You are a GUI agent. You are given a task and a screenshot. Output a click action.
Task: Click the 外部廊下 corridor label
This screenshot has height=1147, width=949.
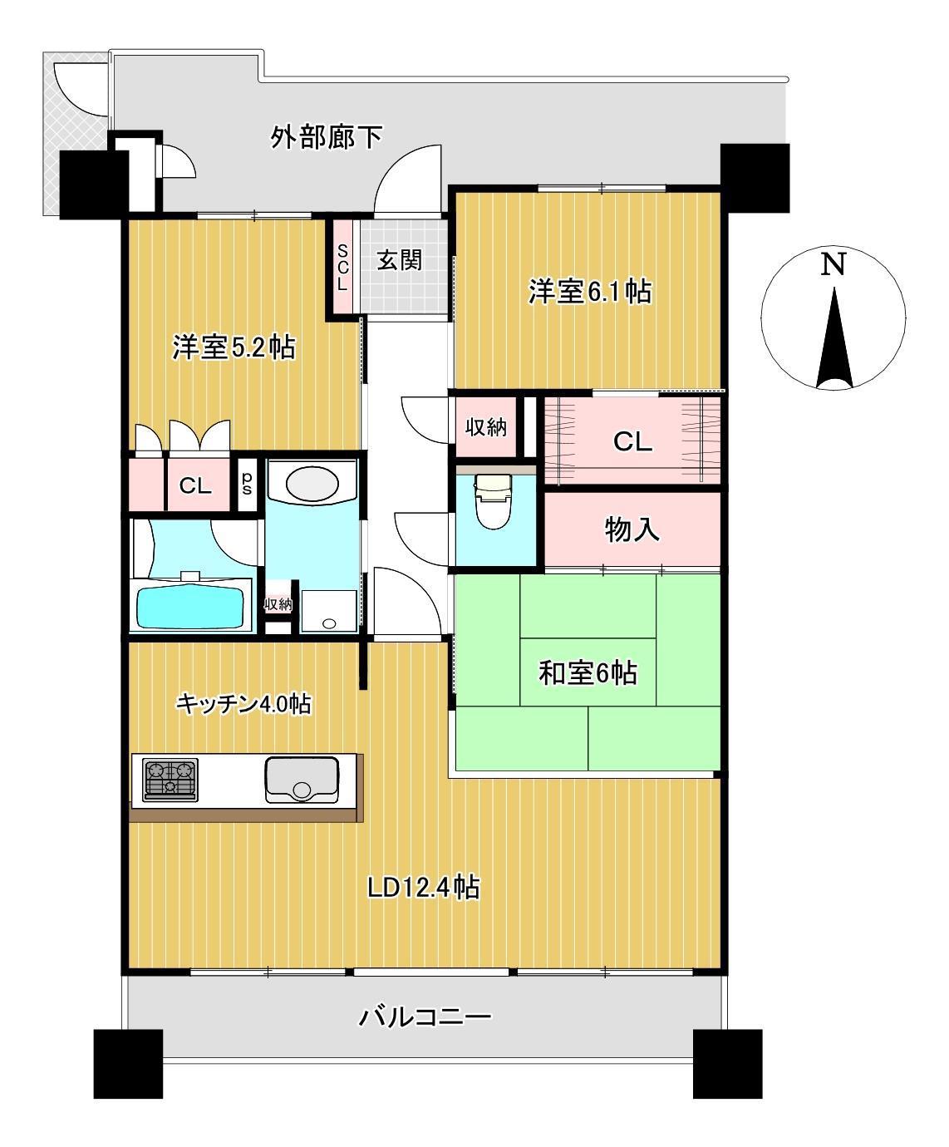(x=327, y=137)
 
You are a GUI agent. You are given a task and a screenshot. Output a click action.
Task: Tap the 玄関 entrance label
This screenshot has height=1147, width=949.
(x=400, y=260)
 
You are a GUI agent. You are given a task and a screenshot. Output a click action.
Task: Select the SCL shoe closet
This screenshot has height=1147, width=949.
(x=342, y=268)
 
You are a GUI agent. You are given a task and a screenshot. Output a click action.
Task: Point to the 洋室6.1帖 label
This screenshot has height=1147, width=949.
(x=590, y=291)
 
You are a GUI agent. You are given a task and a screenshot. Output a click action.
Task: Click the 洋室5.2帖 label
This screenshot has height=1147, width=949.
(x=234, y=347)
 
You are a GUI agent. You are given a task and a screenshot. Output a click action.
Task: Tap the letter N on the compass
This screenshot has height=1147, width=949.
(x=833, y=264)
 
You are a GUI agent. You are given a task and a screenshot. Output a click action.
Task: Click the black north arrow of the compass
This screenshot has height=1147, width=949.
(x=834, y=338)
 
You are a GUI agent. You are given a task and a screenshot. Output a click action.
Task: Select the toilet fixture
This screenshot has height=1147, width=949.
(x=493, y=500)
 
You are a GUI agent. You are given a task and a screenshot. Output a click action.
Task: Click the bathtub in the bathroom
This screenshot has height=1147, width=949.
(x=190, y=608)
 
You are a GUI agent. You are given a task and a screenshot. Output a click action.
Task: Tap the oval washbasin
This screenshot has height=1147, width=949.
(x=312, y=484)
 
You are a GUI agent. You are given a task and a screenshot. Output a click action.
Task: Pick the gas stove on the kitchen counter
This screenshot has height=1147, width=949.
(x=170, y=780)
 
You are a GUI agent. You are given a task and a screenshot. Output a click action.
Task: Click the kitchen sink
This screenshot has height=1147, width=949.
(x=302, y=780)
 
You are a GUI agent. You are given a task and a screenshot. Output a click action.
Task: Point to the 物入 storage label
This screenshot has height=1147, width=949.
(x=632, y=530)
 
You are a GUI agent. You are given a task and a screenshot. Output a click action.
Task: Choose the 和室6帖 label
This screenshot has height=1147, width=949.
(x=588, y=673)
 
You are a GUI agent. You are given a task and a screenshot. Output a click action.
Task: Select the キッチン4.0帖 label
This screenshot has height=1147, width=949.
(x=243, y=704)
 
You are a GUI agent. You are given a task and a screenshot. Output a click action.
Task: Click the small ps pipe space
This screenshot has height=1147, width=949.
(x=247, y=483)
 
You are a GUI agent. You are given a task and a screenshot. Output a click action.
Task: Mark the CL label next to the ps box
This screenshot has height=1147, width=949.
(x=195, y=485)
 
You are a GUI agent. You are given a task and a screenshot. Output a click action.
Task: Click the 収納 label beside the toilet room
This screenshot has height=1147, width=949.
(x=486, y=427)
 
